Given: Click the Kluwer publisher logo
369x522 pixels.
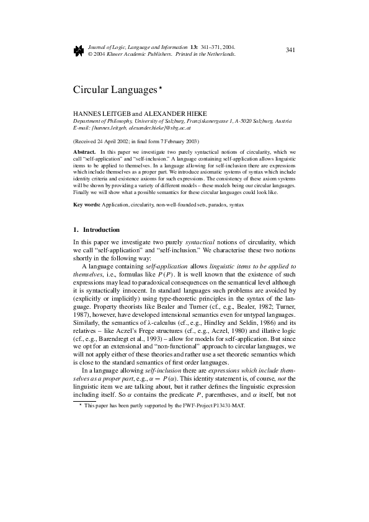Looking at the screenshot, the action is click(78, 50).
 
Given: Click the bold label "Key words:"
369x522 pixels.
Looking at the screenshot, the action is click(87, 204).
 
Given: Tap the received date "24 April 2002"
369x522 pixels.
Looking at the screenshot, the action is click(122, 141).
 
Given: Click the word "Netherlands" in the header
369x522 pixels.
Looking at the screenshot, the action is click(221, 54).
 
